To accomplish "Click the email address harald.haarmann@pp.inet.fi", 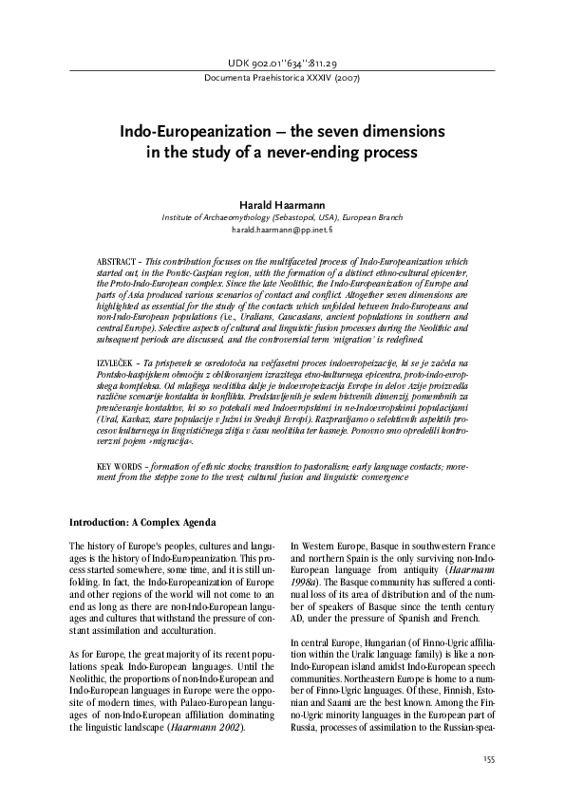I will [x=282, y=230].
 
